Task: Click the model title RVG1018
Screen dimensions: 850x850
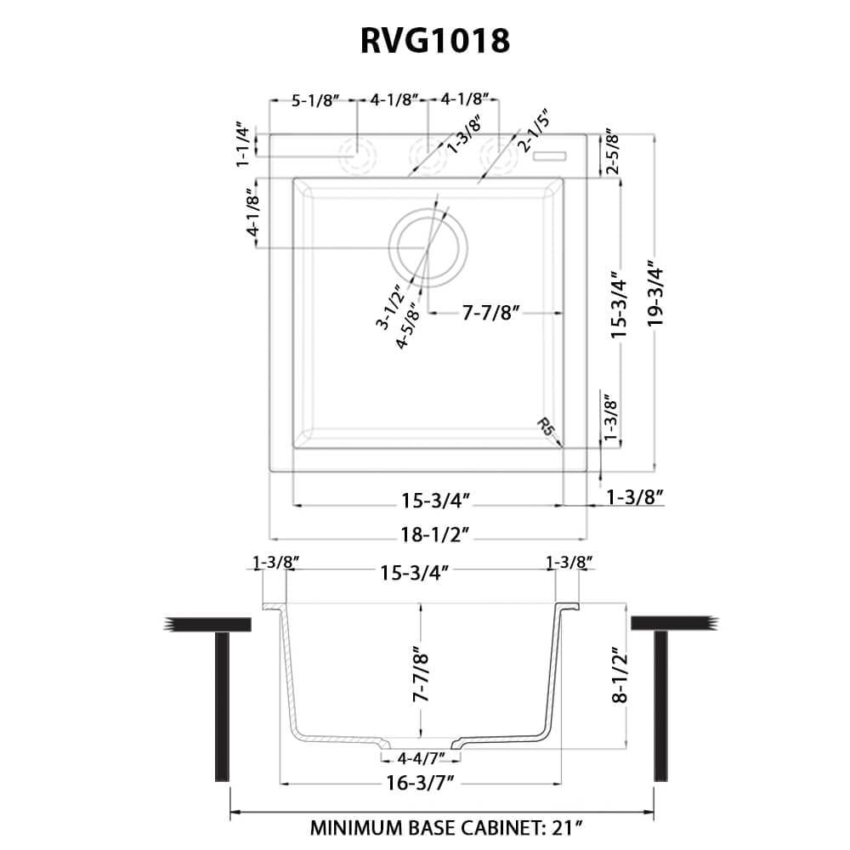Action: [x=425, y=40]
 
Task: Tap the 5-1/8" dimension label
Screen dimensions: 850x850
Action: [x=315, y=100]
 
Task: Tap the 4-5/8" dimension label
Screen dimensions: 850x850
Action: [x=407, y=326]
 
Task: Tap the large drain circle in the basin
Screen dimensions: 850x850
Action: [x=428, y=246]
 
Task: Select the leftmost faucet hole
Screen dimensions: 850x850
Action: [x=357, y=156]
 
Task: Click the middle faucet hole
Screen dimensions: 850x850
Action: [x=427, y=156]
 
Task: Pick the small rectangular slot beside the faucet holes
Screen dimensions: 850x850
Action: [x=551, y=155]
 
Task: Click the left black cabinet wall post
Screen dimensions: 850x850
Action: [x=223, y=705]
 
